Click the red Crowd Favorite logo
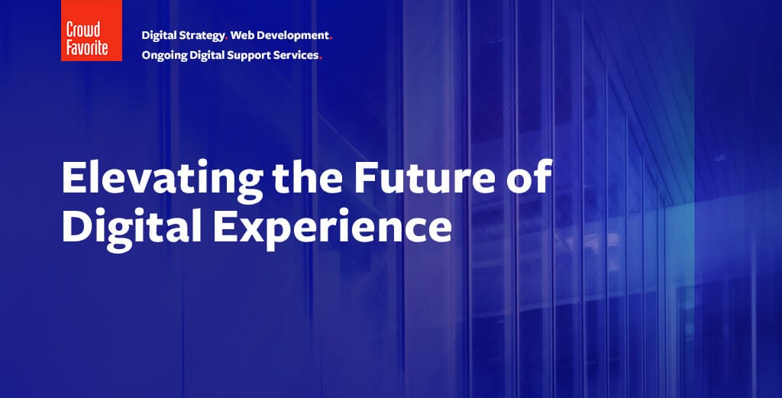[92, 31]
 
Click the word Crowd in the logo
[83, 30]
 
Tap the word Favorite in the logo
[87, 47]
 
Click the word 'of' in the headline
[530, 176]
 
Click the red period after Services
[321, 58]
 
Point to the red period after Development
[331, 39]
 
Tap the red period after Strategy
[226, 39]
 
